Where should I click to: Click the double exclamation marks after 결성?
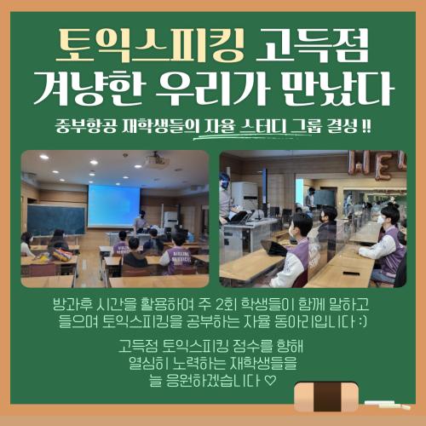coord(367,126)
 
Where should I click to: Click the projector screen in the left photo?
coord(113,204)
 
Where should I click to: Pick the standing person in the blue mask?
coord(226,200)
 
